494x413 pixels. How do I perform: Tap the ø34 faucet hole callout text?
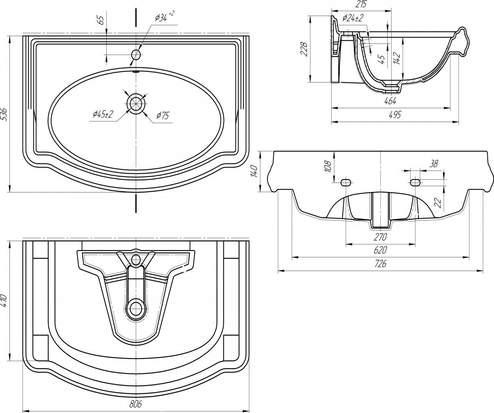click(x=164, y=17)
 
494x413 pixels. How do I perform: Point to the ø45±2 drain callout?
click(x=103, y=115)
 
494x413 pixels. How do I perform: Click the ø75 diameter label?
click(x=163, y=116)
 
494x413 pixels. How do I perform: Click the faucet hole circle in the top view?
click(x=136, y=55)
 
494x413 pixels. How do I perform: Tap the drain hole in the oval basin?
click(x=136, y=104)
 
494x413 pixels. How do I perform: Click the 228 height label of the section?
click(x=304, y=49)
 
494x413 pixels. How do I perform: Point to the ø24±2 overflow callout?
click(x=353, y=18)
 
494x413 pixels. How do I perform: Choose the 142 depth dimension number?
click(x=396, y=58)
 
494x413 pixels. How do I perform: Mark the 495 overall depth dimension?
click(x=395, y=115)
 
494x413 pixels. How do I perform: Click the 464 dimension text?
click(x=390, y=101)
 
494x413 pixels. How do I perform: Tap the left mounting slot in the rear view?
click(x=346, y=182)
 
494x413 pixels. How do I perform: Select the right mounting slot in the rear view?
click(x=415, y=182)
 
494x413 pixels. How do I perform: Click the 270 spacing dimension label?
click(x=380, y=237)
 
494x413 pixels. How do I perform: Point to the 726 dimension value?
click(x=380, y=264)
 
